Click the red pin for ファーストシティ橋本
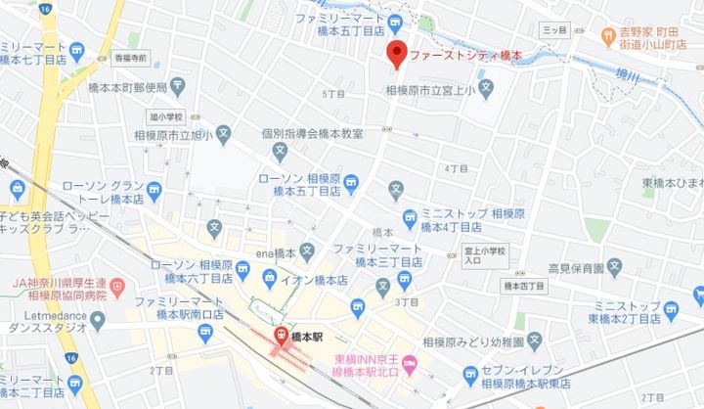pos(397,55)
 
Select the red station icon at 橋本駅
pos(280,336)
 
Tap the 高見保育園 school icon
pos(614,266)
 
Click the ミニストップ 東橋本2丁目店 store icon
pos(671,310)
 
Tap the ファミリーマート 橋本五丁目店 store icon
pos(395,23)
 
